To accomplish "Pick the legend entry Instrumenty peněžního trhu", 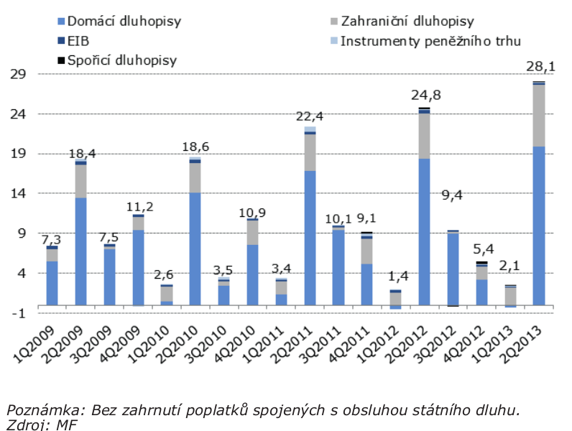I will pos(430,41).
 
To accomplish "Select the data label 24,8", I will pos(425,95).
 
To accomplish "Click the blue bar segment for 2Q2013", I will pos(539,226).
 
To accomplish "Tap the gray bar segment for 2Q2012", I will pos(424,136).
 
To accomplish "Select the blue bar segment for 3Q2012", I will pos(453,269).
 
